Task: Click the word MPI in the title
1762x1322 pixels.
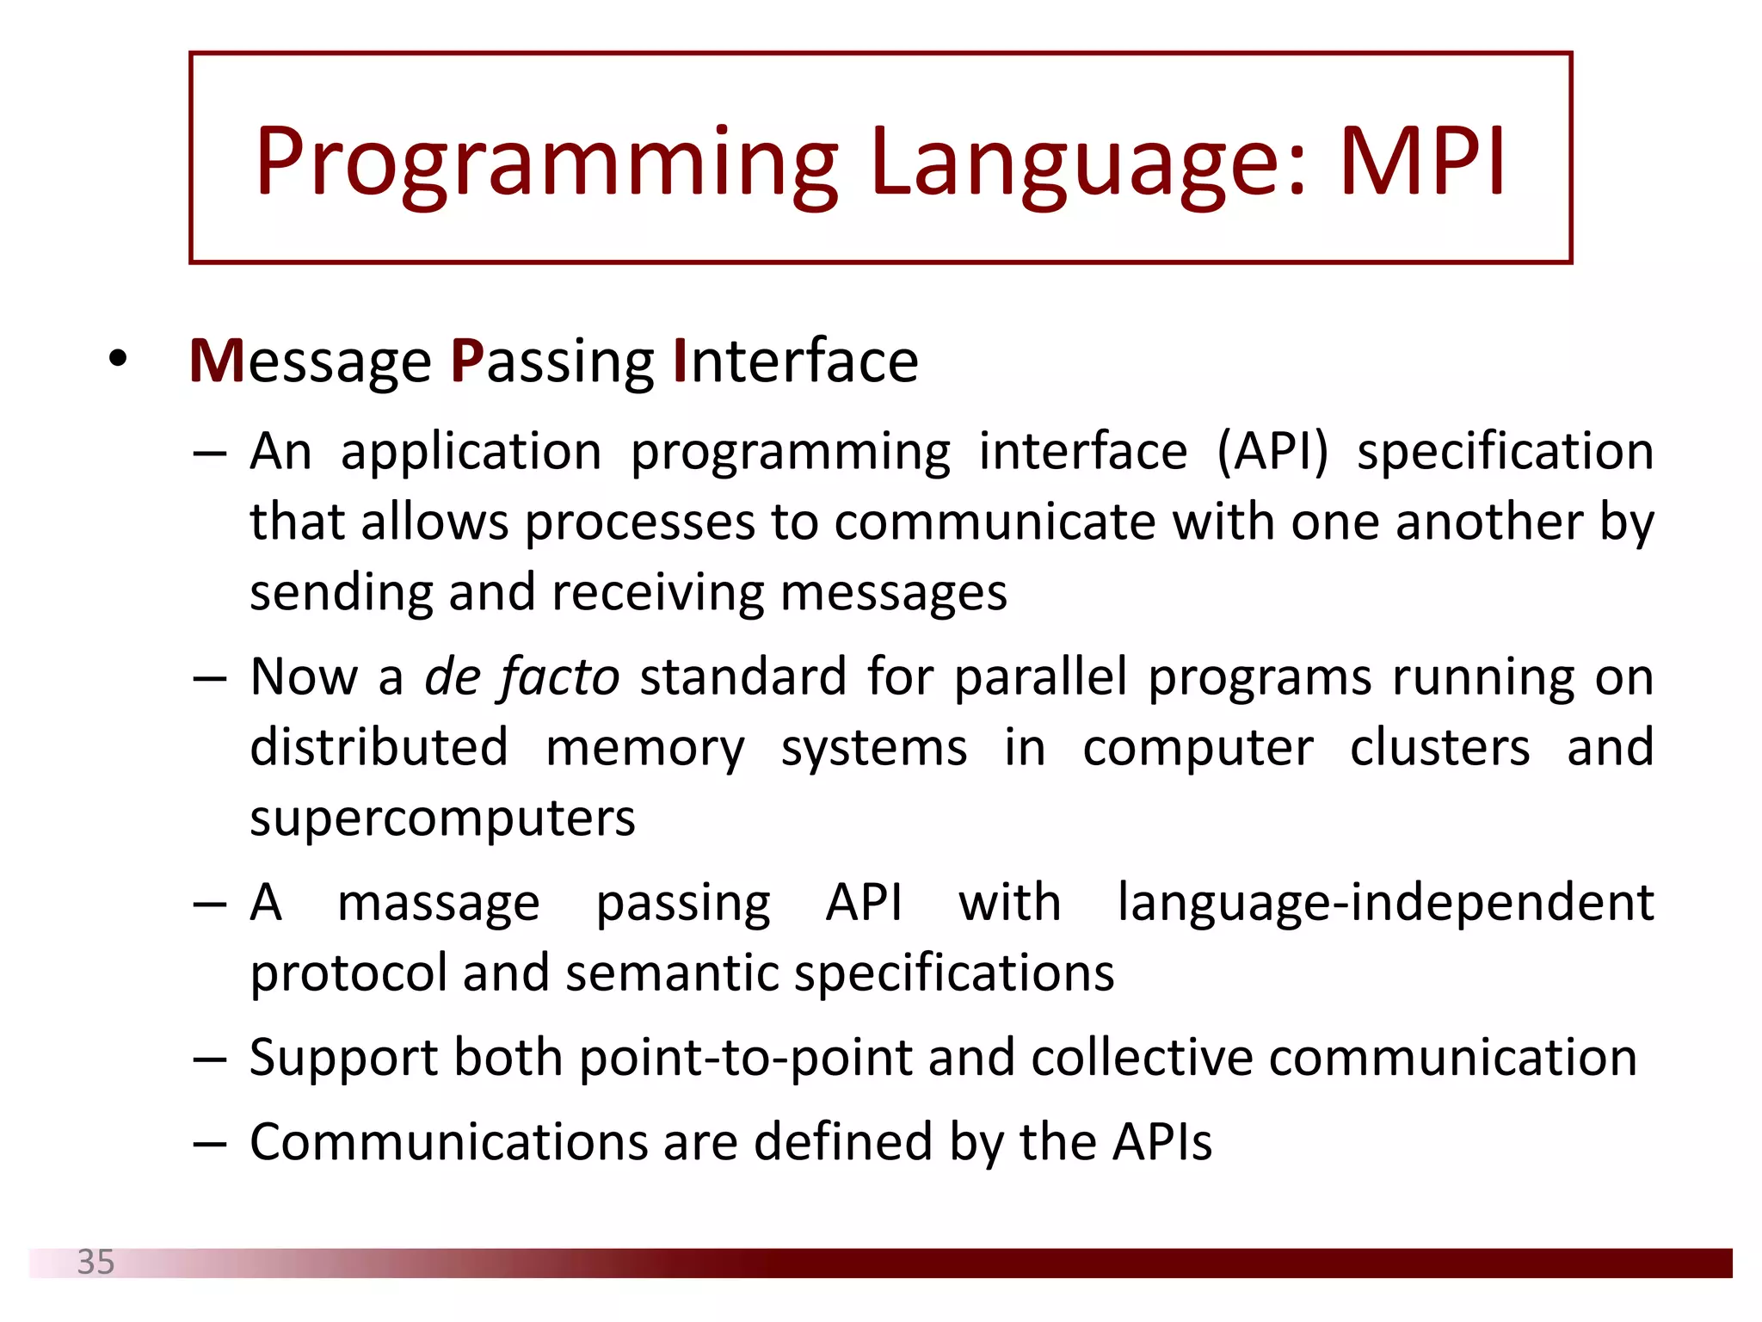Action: [1421, 162]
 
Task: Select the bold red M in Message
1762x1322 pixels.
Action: [218, 361]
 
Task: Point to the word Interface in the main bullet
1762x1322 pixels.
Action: [795, 361]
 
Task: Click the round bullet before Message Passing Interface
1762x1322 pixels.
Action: [118, 359]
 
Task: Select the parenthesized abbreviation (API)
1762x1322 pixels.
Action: [1272, 451]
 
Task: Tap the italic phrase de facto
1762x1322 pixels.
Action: [521, 676]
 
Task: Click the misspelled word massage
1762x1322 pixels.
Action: [438, 904]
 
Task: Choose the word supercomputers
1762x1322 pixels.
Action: [442, 819]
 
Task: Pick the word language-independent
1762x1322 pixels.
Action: [1385, 904]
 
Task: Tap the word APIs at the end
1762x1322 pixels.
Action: [1161, 1142]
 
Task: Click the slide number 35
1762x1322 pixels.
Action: [95, 1262]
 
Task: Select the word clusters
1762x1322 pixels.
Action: [1439, 747]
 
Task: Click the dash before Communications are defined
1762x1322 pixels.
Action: [209, 1144]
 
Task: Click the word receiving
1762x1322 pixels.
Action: [657, 593]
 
